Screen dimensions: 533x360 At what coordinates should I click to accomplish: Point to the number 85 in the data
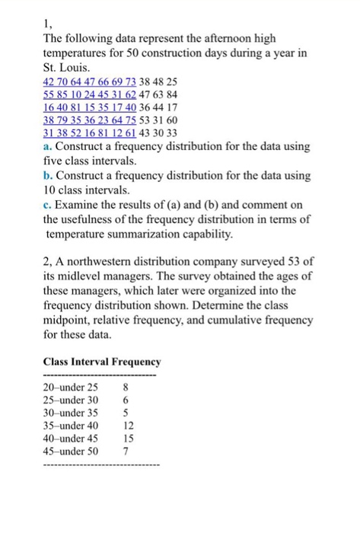pyautogui.click(x=68, y=96)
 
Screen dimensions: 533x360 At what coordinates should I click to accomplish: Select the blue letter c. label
pyautogui.click(x=47, y=204)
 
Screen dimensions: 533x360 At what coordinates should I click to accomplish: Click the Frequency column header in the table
pyautogui.click(x=136, y=362)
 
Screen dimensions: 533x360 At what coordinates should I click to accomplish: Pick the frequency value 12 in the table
pyautogui.click(x=126, y=425)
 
